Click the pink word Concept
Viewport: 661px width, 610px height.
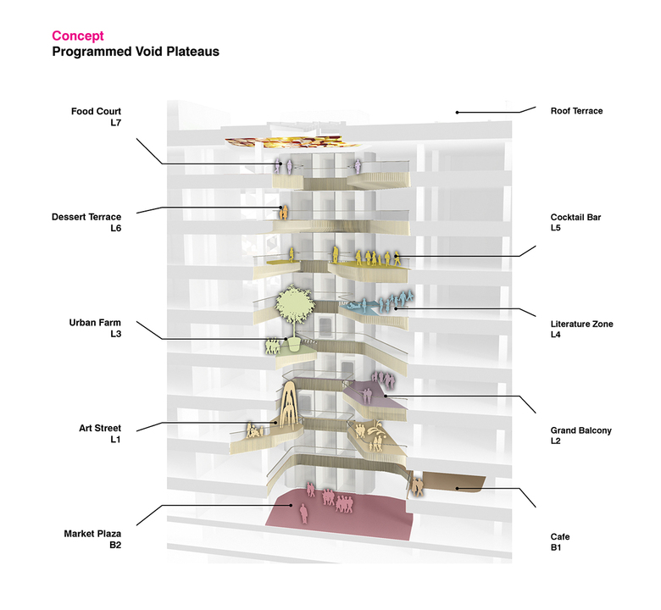coord(78,36)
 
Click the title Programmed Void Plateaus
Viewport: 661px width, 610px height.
coord(136,52)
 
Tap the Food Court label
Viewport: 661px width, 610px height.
coord(96,111)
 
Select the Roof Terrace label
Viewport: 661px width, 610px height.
coord(576,111)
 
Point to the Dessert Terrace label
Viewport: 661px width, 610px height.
coord(86,217)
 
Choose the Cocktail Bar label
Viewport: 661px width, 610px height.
coord(575,217)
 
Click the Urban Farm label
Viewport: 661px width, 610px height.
coord(95,323)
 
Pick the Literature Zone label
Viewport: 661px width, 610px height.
coord(581,324)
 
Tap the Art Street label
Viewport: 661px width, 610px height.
coord(97,429)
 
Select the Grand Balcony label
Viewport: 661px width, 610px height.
coord(580,430)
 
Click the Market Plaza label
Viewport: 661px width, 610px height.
coord(92,534)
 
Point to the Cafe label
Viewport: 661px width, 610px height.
coord(561,536)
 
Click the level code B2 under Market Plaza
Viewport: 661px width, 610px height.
coord(116,547)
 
